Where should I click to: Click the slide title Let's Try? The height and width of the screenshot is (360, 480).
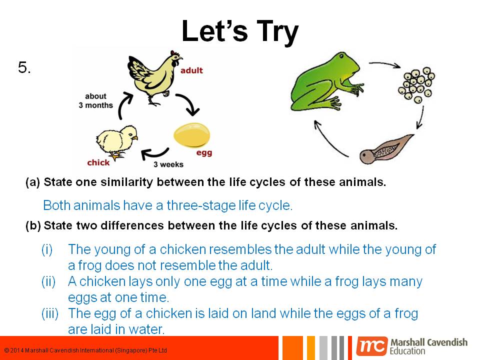coord(239,31)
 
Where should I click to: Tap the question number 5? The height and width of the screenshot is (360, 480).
coord(24,68)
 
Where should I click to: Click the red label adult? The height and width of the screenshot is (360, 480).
coord(191,70)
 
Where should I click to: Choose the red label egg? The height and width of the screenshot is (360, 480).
coord(204,153)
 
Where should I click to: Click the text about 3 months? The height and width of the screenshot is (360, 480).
coord(95,100)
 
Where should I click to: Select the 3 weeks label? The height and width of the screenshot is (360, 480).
coord(168,164)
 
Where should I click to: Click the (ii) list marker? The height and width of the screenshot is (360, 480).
coord(48,282)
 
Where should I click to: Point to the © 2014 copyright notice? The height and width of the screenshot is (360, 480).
coord(85,350)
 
